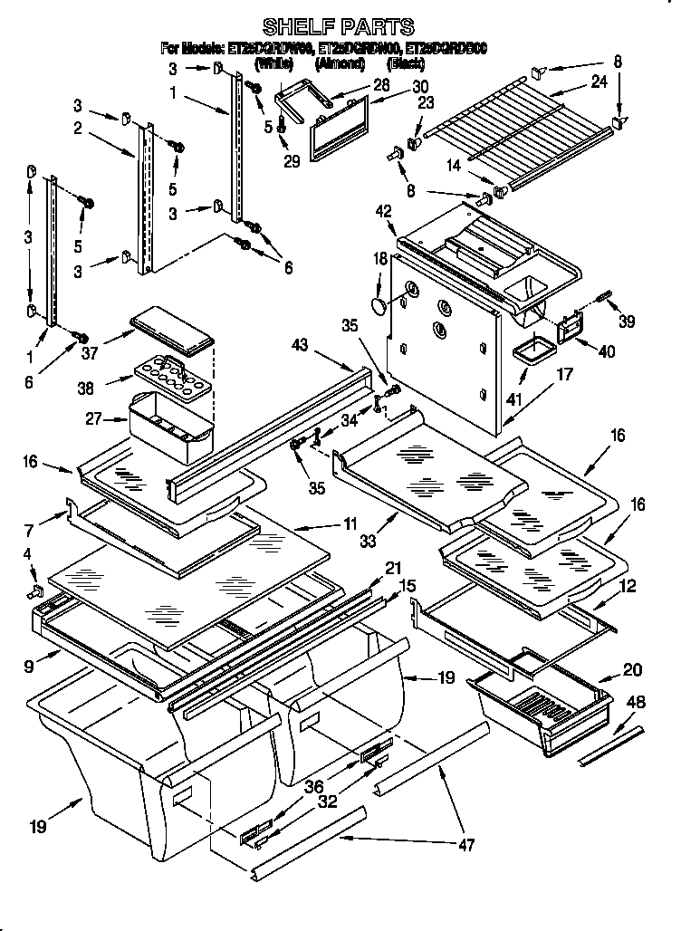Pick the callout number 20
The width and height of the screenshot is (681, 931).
[x=632, y=670]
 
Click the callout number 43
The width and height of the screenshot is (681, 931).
[x=300, y=345]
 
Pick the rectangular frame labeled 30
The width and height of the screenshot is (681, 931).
[x=341, y=131]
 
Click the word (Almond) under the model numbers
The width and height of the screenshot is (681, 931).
[x=340, y=63]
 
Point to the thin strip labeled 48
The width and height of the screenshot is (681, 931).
[x=610, y=743]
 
